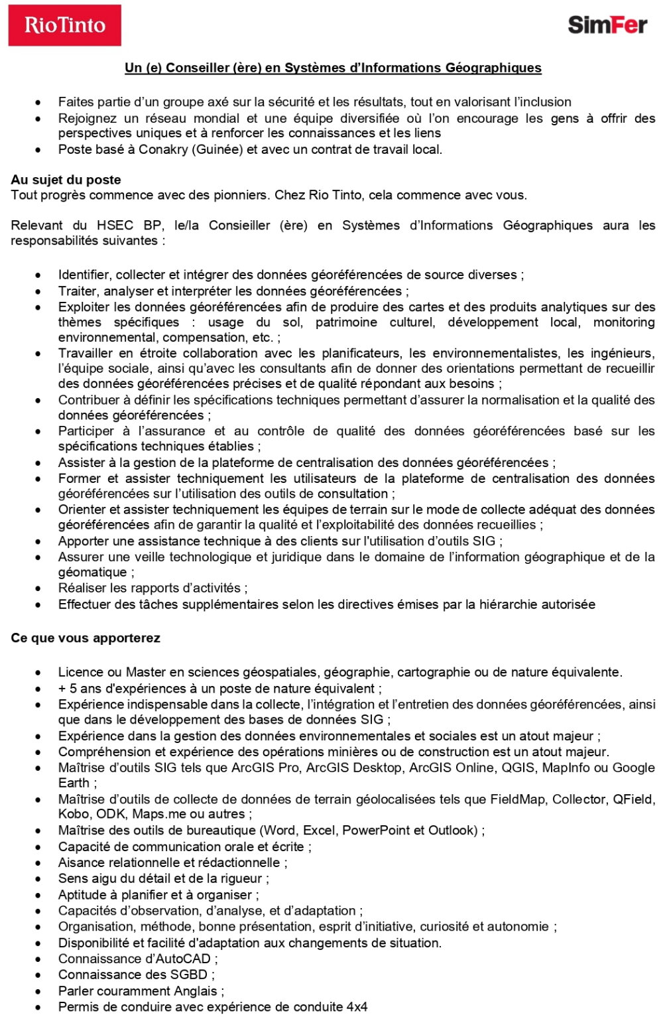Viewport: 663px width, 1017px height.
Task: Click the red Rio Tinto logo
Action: click(64, 25)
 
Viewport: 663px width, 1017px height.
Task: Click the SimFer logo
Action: click(607, 25)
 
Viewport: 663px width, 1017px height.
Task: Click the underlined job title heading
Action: click(333, 68)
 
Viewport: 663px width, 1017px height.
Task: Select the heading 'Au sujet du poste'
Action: click(66, 180)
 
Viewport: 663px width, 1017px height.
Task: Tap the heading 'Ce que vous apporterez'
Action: click(86, 638)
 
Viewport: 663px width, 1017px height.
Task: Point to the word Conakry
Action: click(163, 149)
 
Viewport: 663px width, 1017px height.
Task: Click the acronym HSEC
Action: click(115, 226)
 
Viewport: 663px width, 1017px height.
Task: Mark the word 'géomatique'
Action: click(92, 573)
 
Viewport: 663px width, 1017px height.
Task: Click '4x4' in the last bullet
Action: click(356, 1007)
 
